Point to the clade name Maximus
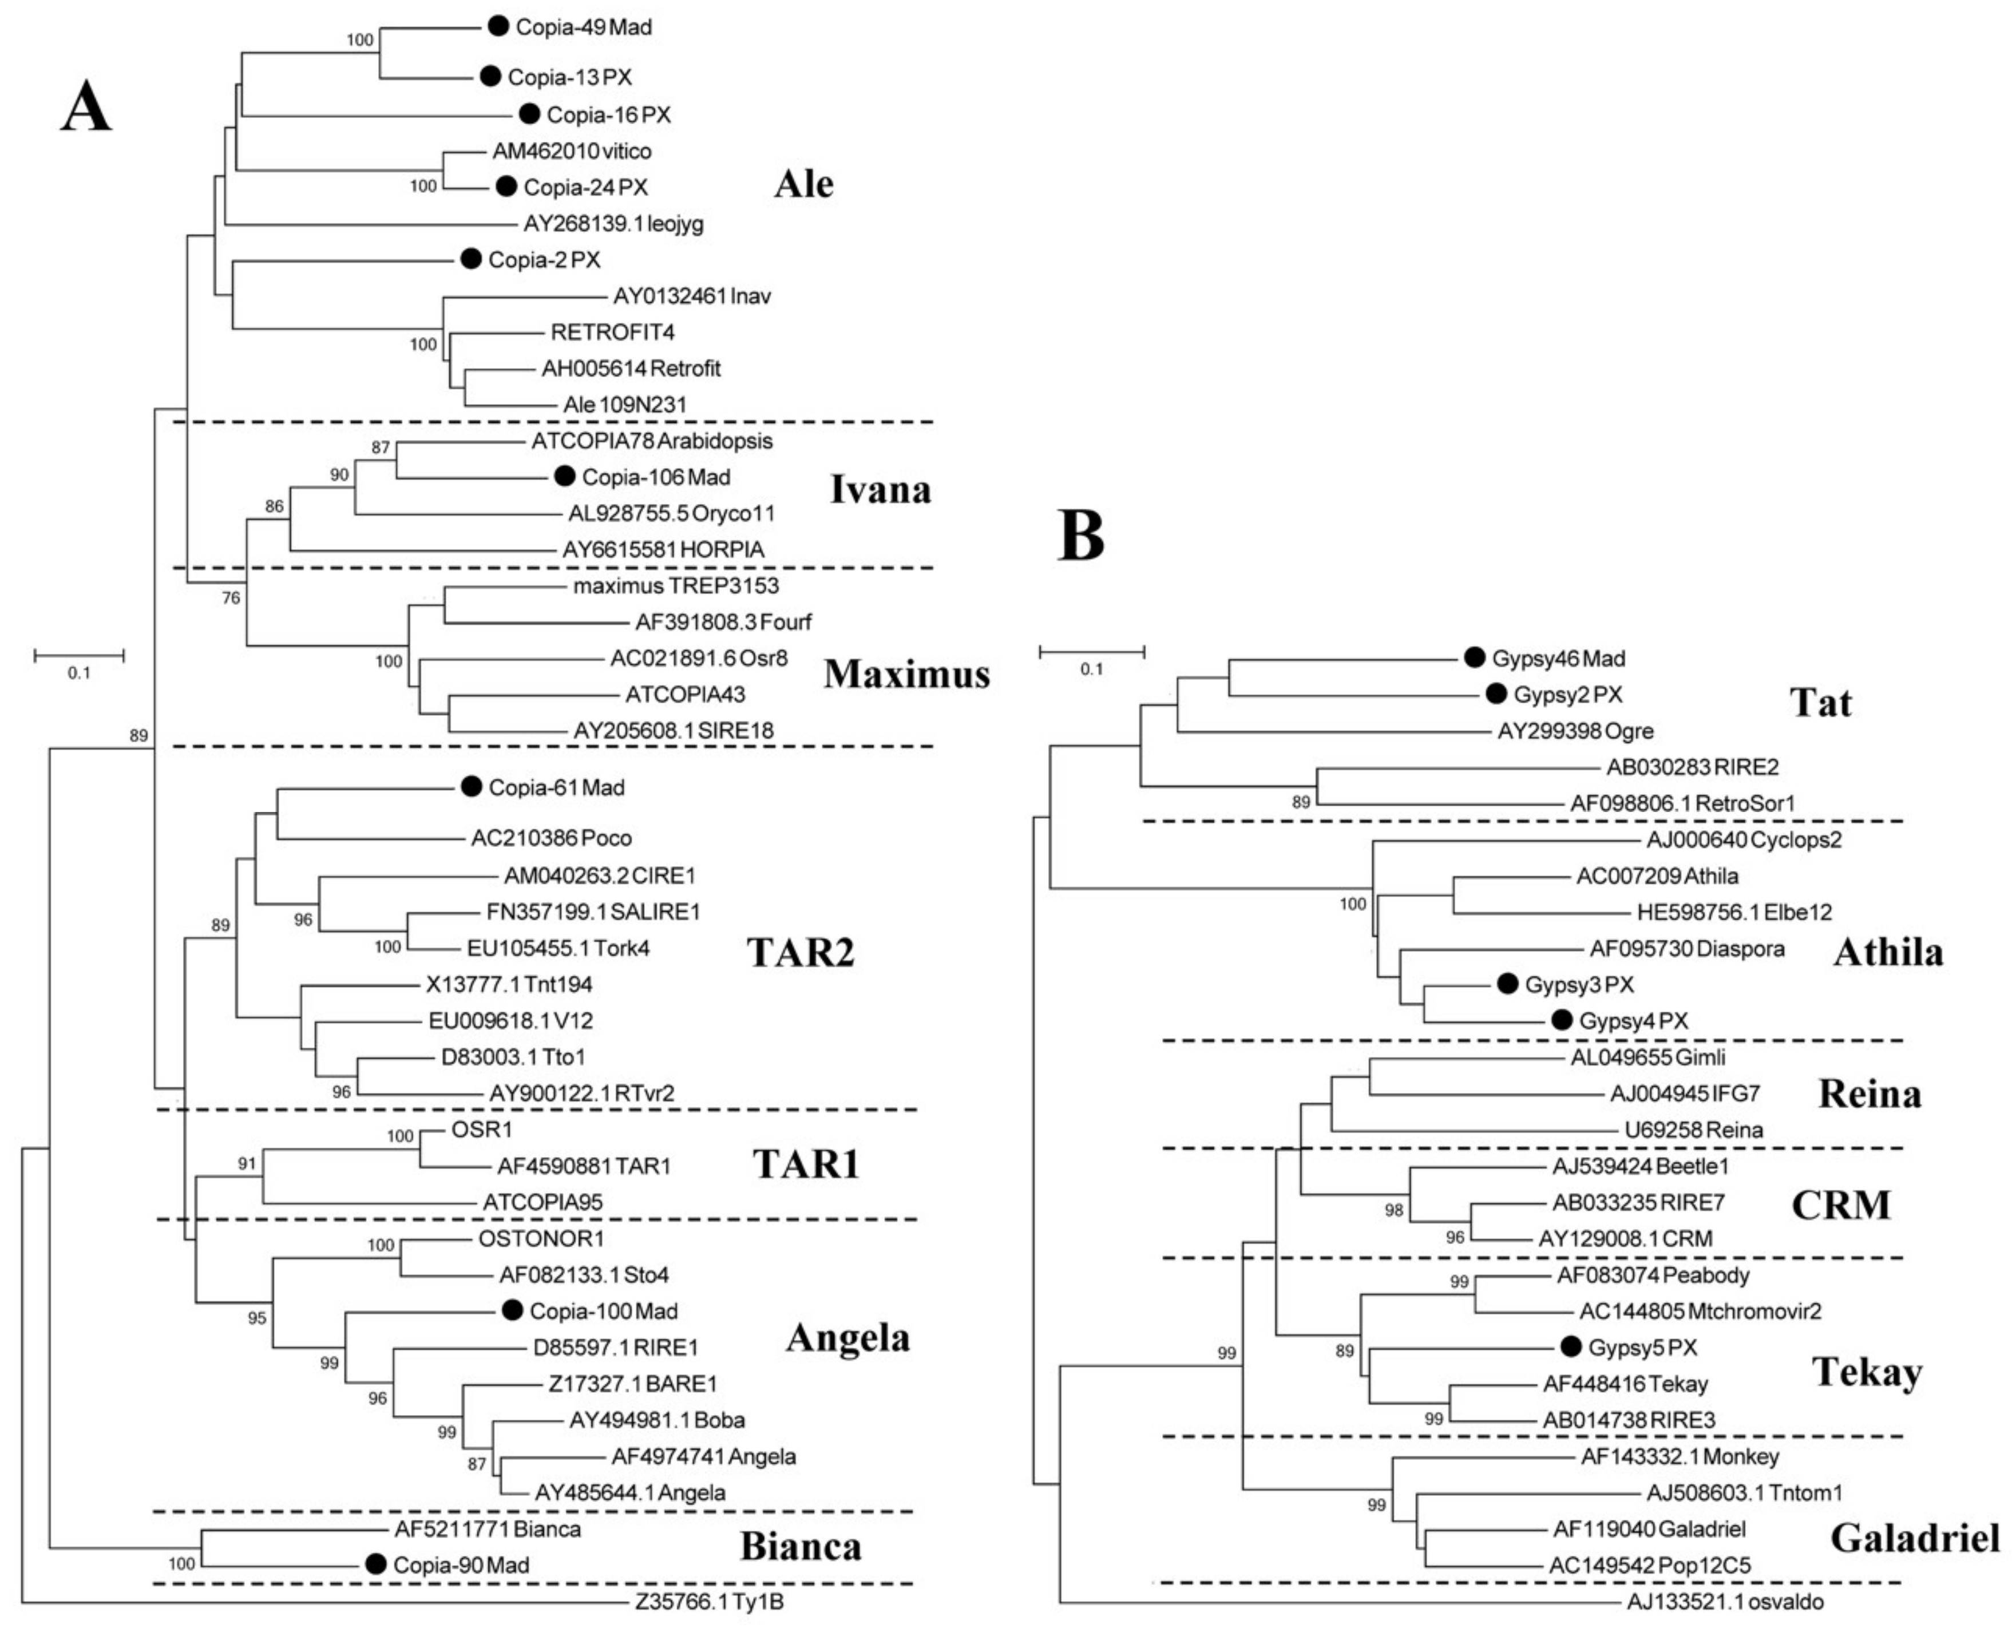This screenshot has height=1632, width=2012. tap(906, 674)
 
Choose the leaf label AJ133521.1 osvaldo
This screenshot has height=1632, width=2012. tap(1725, 1602)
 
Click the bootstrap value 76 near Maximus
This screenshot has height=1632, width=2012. tap(231, 598)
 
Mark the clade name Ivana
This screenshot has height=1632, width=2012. tap(880, 489)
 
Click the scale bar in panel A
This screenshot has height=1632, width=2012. tap(79, 654)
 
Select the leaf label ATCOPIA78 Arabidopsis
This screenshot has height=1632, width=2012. tap(652, 441)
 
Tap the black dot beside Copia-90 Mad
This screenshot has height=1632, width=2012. tap(376, 1564)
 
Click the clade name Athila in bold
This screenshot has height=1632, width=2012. tap(1888, 952)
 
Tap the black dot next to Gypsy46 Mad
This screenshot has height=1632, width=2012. tap(1474, 658)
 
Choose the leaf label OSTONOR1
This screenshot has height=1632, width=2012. tap(541, 1239)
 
